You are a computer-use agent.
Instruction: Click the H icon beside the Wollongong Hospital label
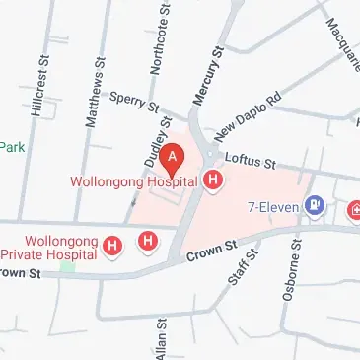[212, 180]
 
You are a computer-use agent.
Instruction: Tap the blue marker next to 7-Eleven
[315, 206]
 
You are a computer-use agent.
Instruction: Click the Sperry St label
[136, 100]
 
